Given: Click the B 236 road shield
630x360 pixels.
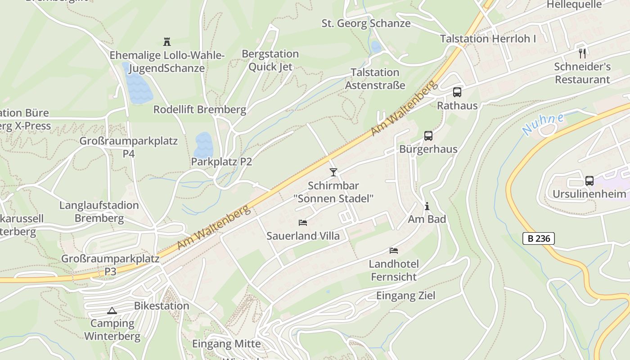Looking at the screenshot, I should (x=538, y=238).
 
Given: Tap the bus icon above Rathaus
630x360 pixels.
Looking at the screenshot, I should (x=457, y=92).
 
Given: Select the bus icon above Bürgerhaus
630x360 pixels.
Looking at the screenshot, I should (x=428, y=135).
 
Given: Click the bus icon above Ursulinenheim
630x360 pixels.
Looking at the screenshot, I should (x=589, y=181).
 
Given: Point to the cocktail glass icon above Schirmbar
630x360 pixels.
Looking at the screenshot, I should (x=333, y=172).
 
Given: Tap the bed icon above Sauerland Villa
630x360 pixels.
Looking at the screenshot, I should (x=303, y=223).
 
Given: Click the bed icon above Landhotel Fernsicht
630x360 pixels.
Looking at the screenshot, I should (x=394, y=251).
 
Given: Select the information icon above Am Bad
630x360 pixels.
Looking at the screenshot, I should (x=427, y=206).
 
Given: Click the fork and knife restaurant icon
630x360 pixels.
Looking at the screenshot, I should (x=582, y=54).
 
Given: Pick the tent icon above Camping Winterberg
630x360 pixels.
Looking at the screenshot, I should (x=112, y=310).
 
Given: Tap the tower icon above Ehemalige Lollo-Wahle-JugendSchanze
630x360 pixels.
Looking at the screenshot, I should (x=167, y=42).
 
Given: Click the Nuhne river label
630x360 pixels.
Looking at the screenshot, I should (x=543, y=124).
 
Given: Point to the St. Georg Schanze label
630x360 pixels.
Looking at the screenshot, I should (x=366, y=23).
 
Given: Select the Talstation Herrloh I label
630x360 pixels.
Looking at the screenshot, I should (x=488, y=39).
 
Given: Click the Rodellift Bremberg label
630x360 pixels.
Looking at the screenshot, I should (x=200, y=109).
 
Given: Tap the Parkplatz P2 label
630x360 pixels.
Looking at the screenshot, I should (x=221, y=162).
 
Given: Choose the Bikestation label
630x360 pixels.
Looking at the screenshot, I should (x=162, y=306).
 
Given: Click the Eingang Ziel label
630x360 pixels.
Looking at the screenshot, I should (x=405, y=296).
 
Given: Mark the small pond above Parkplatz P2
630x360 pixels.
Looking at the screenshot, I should (x=203, y=144).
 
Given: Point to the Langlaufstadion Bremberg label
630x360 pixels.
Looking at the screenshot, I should (x=99, y=212).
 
